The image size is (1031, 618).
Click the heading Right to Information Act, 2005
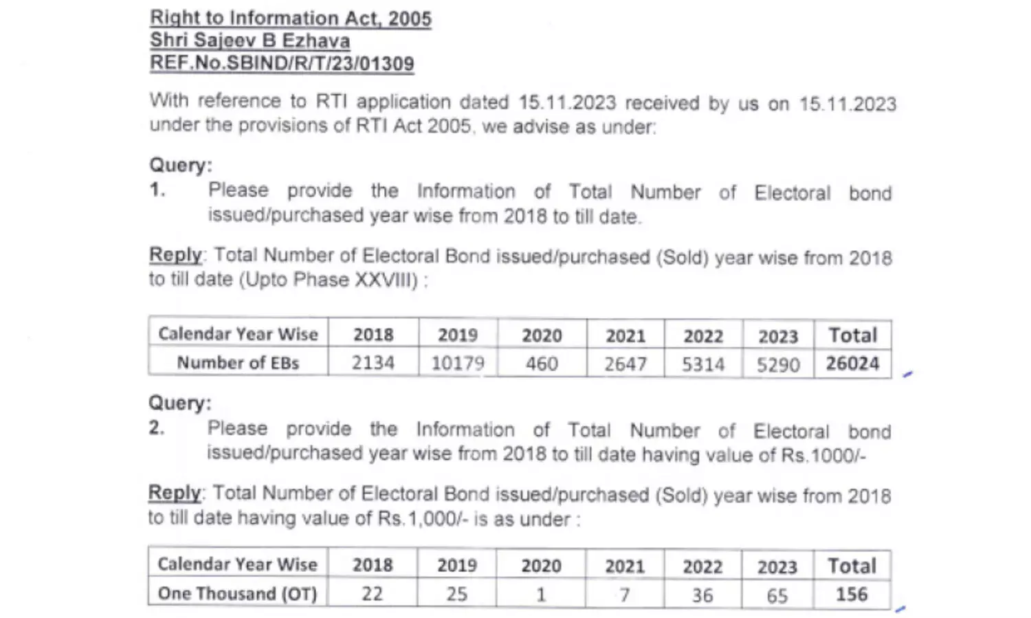point(291,18)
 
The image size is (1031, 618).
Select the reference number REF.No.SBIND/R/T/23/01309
point(282,64)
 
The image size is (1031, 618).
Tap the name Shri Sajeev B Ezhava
point(250,41)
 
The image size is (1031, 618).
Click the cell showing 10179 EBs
point(458,363)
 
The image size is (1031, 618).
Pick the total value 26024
point(852,363)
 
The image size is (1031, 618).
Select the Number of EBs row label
point(238,362)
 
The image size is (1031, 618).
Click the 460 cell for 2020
point(542,363)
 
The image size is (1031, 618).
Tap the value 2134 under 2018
point(373,362)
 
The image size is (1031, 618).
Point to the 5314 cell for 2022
point(703,364)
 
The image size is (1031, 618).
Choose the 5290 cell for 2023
point(778,364)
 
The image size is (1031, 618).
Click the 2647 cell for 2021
point(625,364)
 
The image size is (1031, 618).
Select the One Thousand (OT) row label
point(238,593)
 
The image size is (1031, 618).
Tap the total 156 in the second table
point(852,594)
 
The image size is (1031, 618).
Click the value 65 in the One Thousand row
point(777,595)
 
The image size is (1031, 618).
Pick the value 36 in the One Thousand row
point(702,595)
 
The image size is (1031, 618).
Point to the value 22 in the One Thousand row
point(372,593)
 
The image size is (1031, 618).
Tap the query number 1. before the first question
point(157,190)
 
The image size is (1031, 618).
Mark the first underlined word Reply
point(175,254)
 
